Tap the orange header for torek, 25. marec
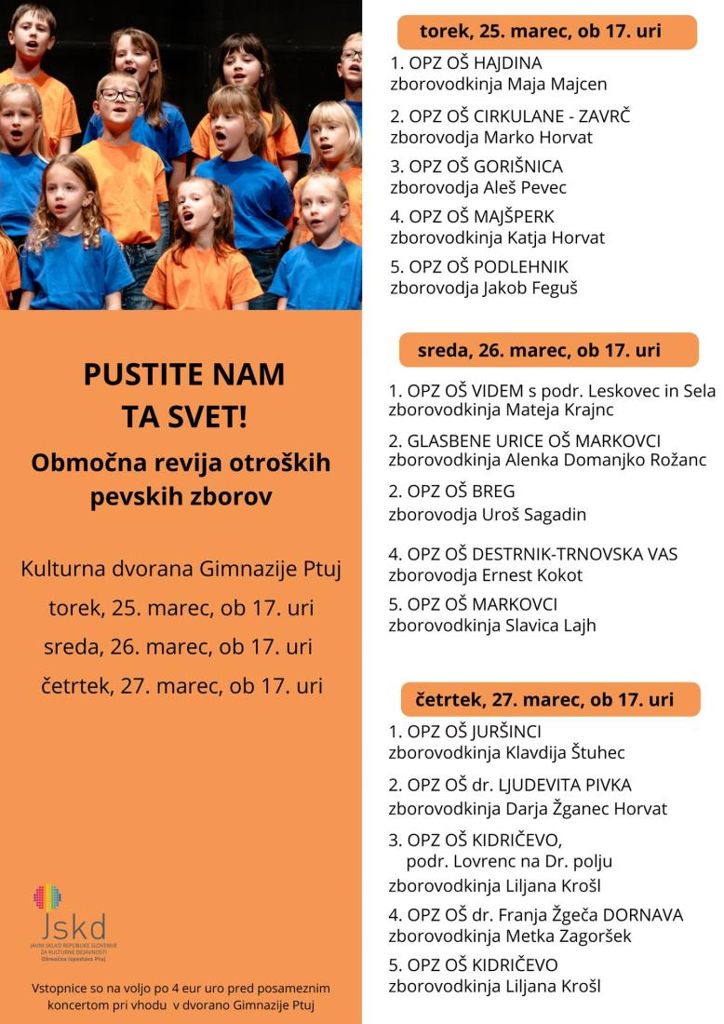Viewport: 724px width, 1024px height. coord(546,32)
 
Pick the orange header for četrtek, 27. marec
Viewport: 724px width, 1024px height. coord(550,699)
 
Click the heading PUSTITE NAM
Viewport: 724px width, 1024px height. coord(184,374)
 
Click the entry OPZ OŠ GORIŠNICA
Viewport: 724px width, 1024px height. coord(476,167)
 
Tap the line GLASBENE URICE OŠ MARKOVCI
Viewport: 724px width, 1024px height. coord(525,440)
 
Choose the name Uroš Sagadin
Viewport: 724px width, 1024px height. coord(540,514)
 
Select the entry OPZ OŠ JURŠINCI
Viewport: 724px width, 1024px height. coord(464,732)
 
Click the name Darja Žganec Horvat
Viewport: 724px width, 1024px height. coord(586,809)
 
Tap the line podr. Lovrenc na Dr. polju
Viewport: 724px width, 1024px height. coord(509,861)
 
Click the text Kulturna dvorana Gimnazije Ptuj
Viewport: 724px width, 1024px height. coord(181,569)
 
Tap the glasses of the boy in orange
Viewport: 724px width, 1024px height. coord(119,95)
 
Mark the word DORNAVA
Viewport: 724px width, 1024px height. coord(637,915)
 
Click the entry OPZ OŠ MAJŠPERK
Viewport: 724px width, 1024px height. coord(473,217)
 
